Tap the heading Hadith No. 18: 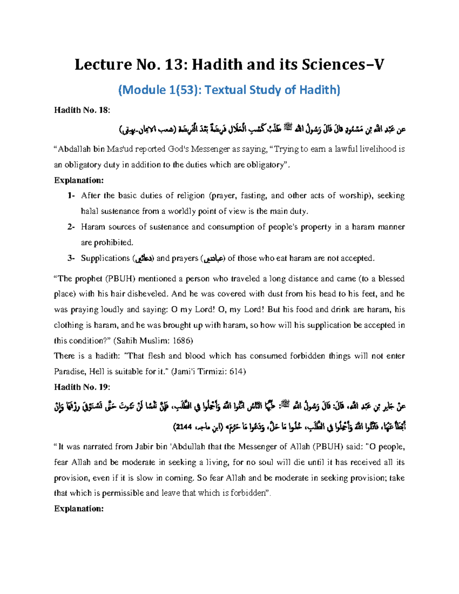click(82, 111)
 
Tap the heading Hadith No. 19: click(82, 387)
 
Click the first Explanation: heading click(79, 180)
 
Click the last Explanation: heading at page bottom click(79, 509)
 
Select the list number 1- click(71, 196)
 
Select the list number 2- click(71, 227)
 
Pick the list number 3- click(71, 259)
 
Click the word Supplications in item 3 click(105, 259)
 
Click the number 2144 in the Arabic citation click(184, 427)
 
